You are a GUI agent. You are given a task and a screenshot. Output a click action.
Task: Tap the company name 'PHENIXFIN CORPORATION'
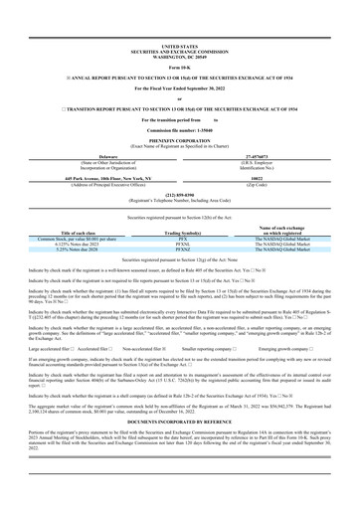[x=179, y=142]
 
